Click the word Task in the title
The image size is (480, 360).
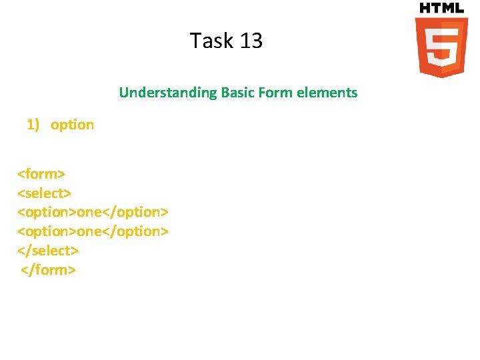[210, 41]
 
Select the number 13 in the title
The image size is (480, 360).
[251, 41]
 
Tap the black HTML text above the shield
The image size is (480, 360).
[441, 8]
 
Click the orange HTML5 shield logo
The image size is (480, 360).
[441, 47]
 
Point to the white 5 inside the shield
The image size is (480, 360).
[441, 48]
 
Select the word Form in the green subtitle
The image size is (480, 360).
[277, 93]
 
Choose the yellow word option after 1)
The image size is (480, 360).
[72, 125]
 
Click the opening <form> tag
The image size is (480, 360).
[41, 174]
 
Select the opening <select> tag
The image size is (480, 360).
[44, 193]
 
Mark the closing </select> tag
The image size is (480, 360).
[47, 251]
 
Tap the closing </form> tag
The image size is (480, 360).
[49, 270]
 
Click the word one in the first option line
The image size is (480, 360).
[89, 212]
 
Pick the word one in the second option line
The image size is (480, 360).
[89, 231]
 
